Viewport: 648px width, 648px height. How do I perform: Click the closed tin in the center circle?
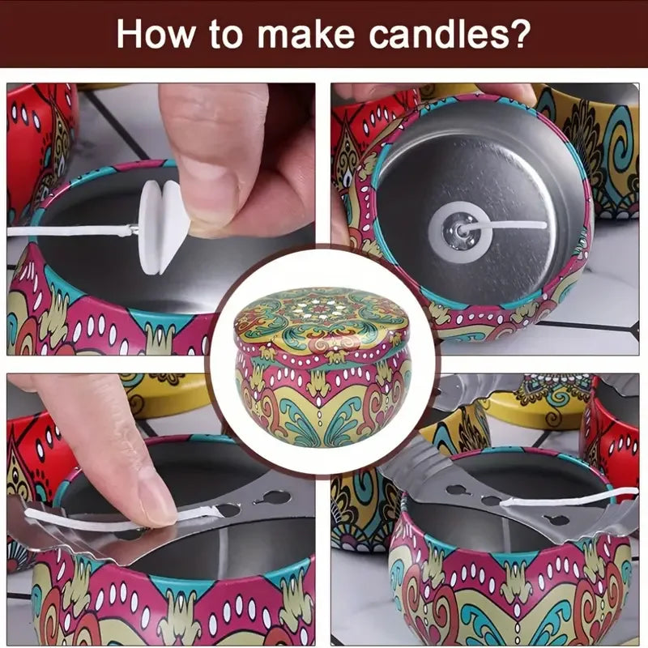(323, 373)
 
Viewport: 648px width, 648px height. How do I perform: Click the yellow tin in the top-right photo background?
(599, 138)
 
